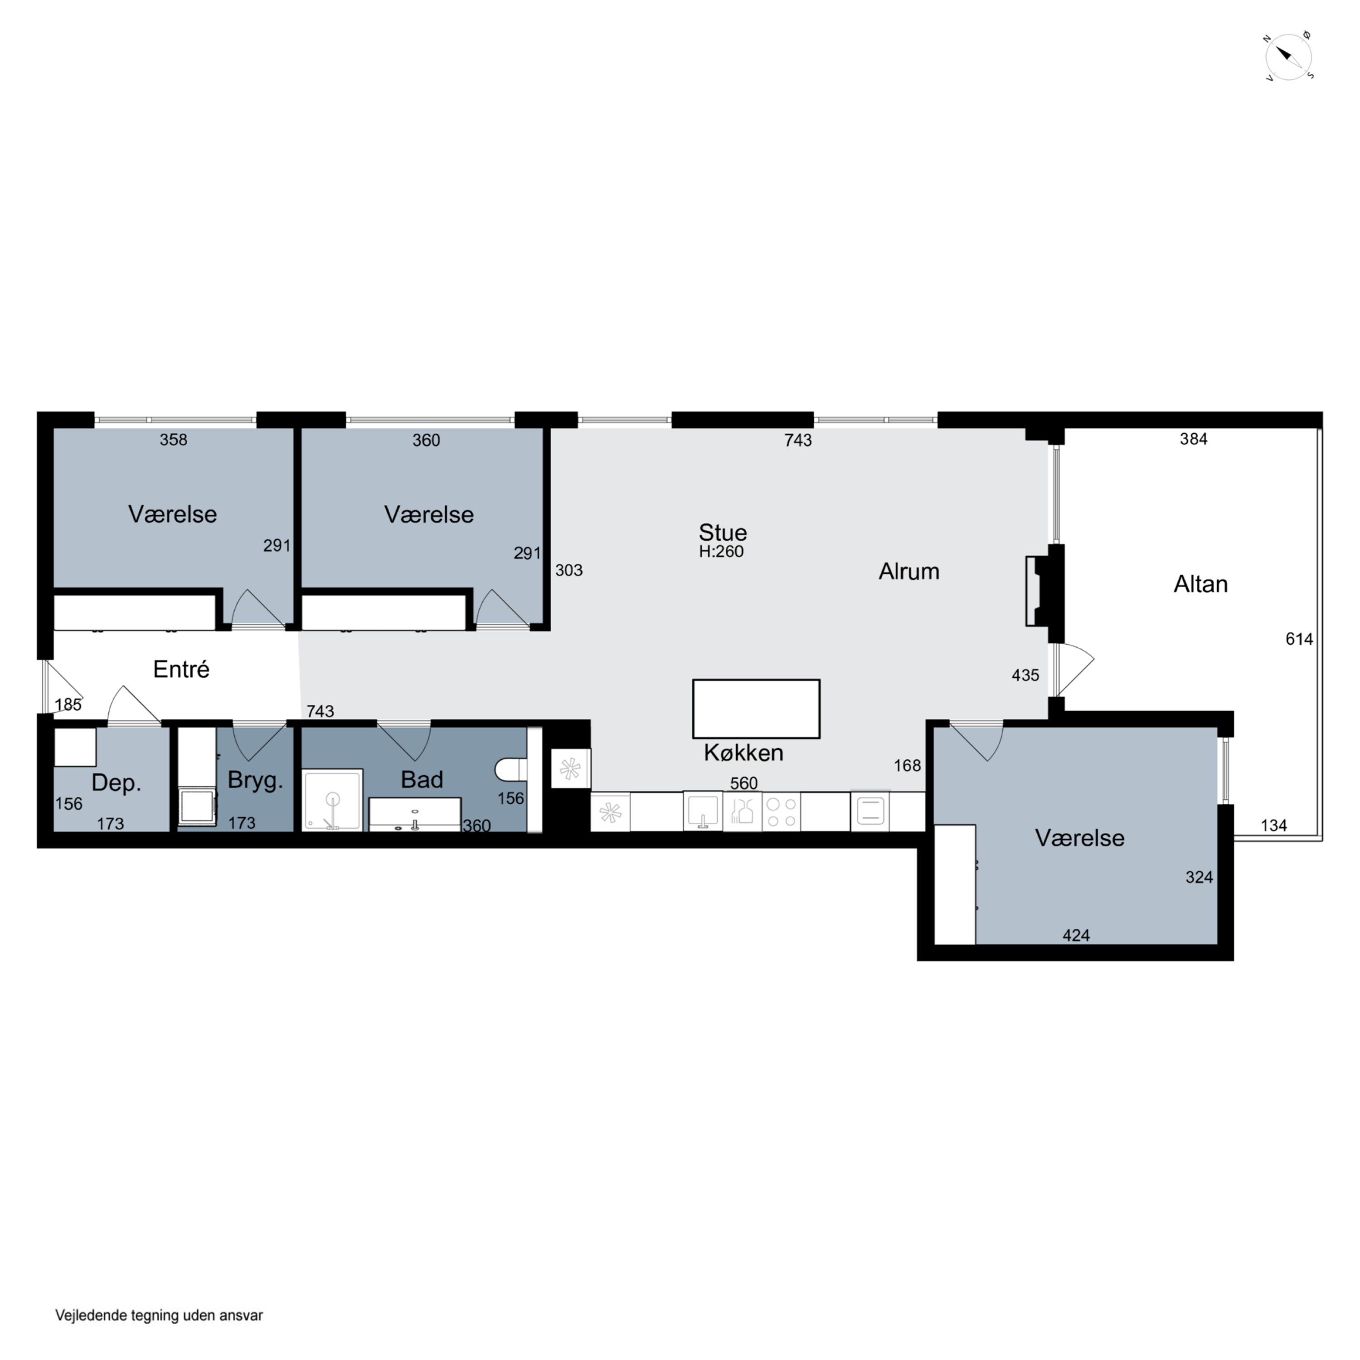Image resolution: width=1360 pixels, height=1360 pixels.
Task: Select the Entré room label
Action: click(181, 669)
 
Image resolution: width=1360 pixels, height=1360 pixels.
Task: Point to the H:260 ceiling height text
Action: click(721, 552)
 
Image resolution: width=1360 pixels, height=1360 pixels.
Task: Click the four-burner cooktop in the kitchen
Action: click(782, 811)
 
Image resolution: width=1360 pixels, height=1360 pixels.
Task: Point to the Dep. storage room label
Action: click(116, 783)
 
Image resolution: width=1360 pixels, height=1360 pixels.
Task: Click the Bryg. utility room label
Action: click(255, 780)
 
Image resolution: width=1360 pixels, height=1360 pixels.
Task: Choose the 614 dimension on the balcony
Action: click(1299, 639)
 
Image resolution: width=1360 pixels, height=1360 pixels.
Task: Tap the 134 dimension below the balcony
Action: click(1273, 825)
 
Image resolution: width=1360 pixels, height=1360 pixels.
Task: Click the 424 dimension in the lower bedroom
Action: click(1076, 936)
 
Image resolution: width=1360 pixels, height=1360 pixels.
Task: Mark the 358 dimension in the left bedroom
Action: click(173, 440)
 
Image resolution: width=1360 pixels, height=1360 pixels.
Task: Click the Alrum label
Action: click(909, 571)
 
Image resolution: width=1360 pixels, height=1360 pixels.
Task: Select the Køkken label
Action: click(743, 753)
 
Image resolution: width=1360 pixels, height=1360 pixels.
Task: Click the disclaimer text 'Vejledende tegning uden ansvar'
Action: click(159, 1315)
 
